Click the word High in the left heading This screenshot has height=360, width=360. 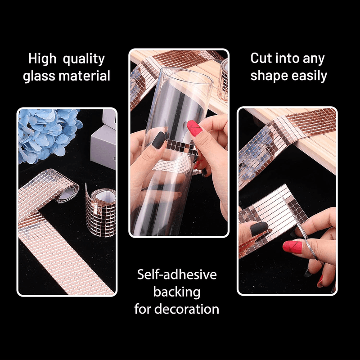click(x=42, y=58)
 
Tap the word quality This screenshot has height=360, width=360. click(x=84, y=59)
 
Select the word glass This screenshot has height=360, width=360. click(x=39, y=76)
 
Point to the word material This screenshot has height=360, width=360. click(x=85, y=76)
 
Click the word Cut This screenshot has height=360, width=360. click(x=261, y=58)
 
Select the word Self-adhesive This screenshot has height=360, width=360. click(x=177, y=274)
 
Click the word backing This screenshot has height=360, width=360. click(x=177, y=292)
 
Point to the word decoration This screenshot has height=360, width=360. click(x=187, y=309)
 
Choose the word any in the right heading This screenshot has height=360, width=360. click(x=314, y=59)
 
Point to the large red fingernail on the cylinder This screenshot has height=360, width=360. click(x=194, y=128)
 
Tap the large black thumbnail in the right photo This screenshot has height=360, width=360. click(x=259, y=229)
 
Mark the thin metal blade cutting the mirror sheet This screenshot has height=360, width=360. click(x=303, y=229)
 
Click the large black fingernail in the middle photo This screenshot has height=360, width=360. click(x=158, y=140)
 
